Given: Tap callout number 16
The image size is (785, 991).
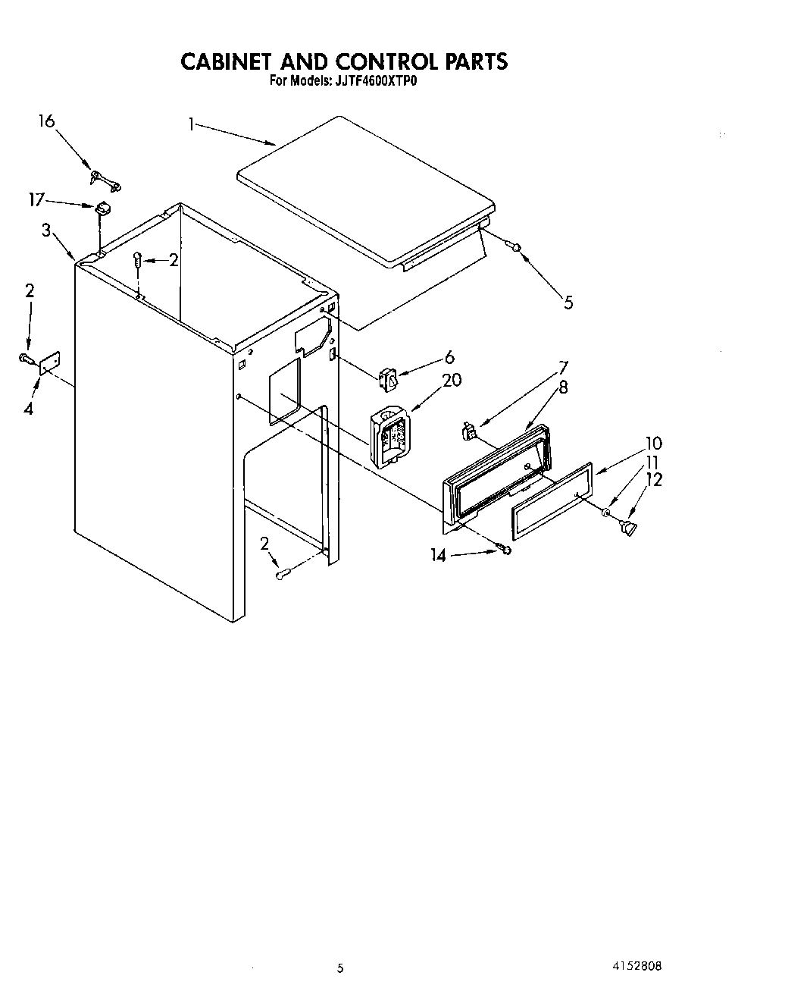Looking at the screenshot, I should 46,121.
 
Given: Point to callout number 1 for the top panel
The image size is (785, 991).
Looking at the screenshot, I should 192,123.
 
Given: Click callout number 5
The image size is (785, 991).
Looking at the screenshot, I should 568,303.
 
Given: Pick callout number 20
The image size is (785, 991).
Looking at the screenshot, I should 452,380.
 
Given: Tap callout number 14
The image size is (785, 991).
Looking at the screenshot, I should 439,555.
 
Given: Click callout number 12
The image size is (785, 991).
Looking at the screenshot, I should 654,480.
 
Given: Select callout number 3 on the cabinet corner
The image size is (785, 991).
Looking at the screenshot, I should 46,231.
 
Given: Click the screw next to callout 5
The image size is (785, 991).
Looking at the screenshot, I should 515,246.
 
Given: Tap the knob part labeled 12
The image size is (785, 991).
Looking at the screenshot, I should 628,527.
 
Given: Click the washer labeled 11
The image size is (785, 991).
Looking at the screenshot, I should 606,514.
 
